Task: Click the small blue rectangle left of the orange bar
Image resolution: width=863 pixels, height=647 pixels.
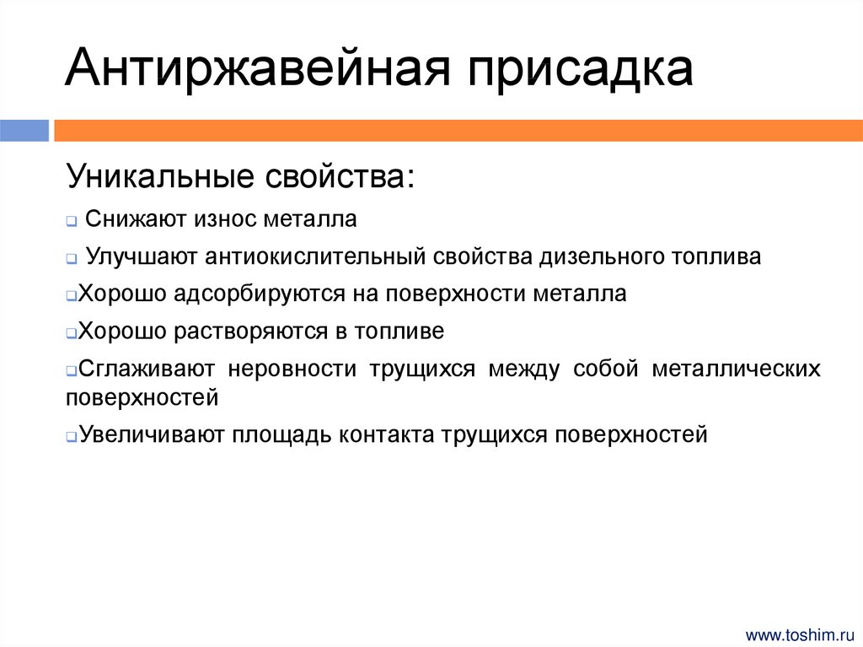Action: click(x=24, y=130)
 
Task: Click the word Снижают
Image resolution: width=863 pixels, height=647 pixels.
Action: click(x=137, y=219)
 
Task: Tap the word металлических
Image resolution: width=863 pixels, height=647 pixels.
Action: click(x=735, y=369)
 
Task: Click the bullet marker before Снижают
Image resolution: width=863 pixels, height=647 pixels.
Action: click(x=72, y=222)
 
